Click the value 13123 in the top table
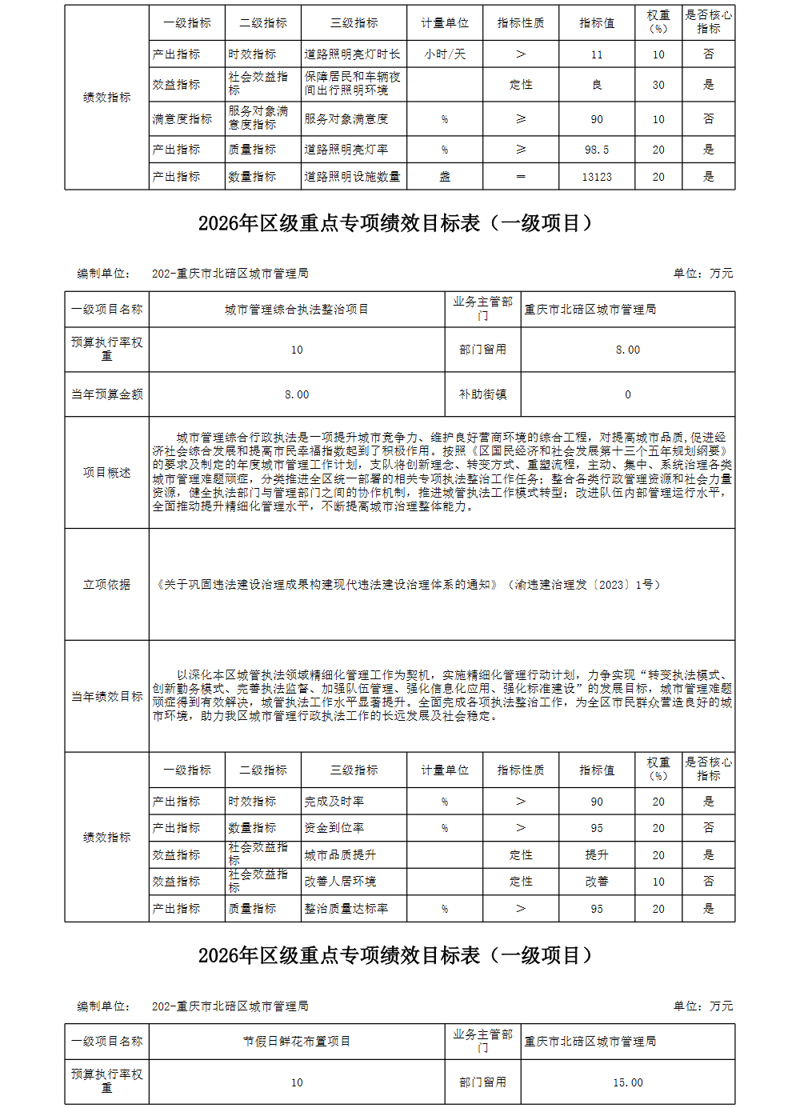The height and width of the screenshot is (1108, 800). (597, 177)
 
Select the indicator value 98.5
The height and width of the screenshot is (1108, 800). (597, 150)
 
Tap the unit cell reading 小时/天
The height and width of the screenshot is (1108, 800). (445, 54)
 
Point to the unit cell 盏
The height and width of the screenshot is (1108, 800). (445, 177)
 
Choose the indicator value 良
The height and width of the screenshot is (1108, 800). (597, 85)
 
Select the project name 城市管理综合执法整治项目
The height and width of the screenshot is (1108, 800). (297, 310)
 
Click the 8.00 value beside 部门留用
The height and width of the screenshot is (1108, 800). (628, 350)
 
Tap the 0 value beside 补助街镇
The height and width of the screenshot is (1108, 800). (628, 394)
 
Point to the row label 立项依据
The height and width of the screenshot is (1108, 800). (106, 585)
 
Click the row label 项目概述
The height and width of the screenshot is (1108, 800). (106, 473)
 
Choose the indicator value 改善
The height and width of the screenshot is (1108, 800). (597, 882)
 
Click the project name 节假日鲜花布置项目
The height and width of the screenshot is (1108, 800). (297, 1042)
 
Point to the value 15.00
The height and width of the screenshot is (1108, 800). (628, 1082)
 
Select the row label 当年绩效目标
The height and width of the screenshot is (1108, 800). (106, 697)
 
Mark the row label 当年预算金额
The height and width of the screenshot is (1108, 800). (106, 394)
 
